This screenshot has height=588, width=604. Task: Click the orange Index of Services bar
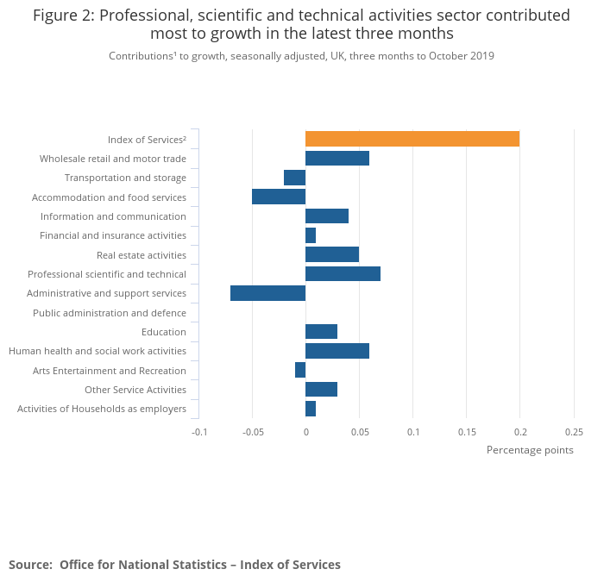(412, 139)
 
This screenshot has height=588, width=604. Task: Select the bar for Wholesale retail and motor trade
(337, 159)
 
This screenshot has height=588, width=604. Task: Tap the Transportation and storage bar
(295, 178)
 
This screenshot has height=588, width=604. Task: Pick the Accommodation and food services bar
(279, 197)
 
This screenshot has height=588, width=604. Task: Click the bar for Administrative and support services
(267, 293)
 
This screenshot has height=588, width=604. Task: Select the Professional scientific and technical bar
(343, 274)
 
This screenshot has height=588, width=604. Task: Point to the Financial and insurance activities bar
(311, 235)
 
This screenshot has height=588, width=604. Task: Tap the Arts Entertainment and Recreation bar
(300, 370)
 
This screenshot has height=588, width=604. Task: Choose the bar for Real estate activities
(332, 254)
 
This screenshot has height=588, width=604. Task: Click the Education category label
(164, 332)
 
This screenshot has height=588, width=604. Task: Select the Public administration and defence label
(110, 313)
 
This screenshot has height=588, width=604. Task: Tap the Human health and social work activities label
(98, 351)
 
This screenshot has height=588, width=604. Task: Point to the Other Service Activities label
(135, 390)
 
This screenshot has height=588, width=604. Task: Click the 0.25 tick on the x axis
(574, 431)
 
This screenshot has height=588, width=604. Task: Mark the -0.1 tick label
(199, 431)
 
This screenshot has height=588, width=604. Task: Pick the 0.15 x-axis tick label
(466, 431)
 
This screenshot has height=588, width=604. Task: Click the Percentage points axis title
(530, 450)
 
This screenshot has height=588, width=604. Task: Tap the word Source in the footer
(30, 565)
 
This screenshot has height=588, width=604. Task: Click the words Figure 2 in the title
(63, 16)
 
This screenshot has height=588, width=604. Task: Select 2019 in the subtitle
(481, 56)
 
